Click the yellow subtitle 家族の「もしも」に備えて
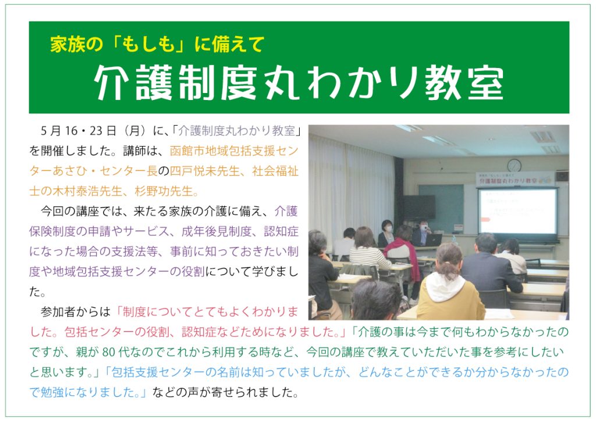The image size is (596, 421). [x=157, y=44]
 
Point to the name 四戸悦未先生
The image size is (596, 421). [x=204, y=171]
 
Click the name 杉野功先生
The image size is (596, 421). [x=164, y=191]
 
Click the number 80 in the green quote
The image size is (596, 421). [x=108, y=352]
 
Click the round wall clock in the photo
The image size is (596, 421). [x=514, y=165]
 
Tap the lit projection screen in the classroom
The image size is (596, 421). [x=517, y=212]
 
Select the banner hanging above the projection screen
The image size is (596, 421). [x=515, y=180]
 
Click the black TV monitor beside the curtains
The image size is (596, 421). [x=419, y=207]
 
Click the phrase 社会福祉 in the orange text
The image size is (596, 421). [x=275, y=171]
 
